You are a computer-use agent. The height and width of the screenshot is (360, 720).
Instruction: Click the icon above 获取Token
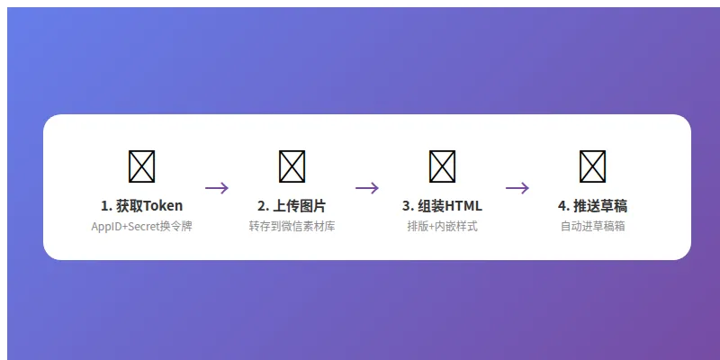click(142, 166)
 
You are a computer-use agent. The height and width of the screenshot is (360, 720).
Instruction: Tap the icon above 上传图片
click(292, 166)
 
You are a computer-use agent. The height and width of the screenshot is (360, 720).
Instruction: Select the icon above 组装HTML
click(442, 166)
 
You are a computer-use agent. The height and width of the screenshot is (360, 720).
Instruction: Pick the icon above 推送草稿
click(592, 166)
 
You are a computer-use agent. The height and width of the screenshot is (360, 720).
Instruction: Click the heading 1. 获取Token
click(142, 205)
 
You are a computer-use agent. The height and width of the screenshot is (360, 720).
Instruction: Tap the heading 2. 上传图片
click(292, 205)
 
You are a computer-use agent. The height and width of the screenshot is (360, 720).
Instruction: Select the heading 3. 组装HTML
click(442, 205)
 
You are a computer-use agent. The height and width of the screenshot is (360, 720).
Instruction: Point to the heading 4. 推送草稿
click(592, 205)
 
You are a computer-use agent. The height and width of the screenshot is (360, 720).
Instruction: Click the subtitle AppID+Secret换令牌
click(142, 227)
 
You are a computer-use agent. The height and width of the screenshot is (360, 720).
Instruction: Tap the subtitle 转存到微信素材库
click(292, 227)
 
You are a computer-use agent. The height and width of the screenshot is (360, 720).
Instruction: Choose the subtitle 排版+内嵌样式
click(442, 227)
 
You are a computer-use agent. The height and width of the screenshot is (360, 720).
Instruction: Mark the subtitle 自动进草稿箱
click(592, 227)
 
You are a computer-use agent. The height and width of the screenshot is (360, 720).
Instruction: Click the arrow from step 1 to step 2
click(217, 188)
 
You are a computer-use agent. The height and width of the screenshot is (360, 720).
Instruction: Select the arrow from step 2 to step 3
click(367, 188)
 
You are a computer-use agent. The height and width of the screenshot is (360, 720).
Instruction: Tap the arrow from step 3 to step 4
click(517, 188)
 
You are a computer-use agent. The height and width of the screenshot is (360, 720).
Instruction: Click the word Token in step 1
click(163, 205)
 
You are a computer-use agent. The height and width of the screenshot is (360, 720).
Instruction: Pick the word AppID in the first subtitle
click(106, 227)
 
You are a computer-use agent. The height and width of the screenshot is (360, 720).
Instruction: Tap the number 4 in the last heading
click(562, 205)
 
